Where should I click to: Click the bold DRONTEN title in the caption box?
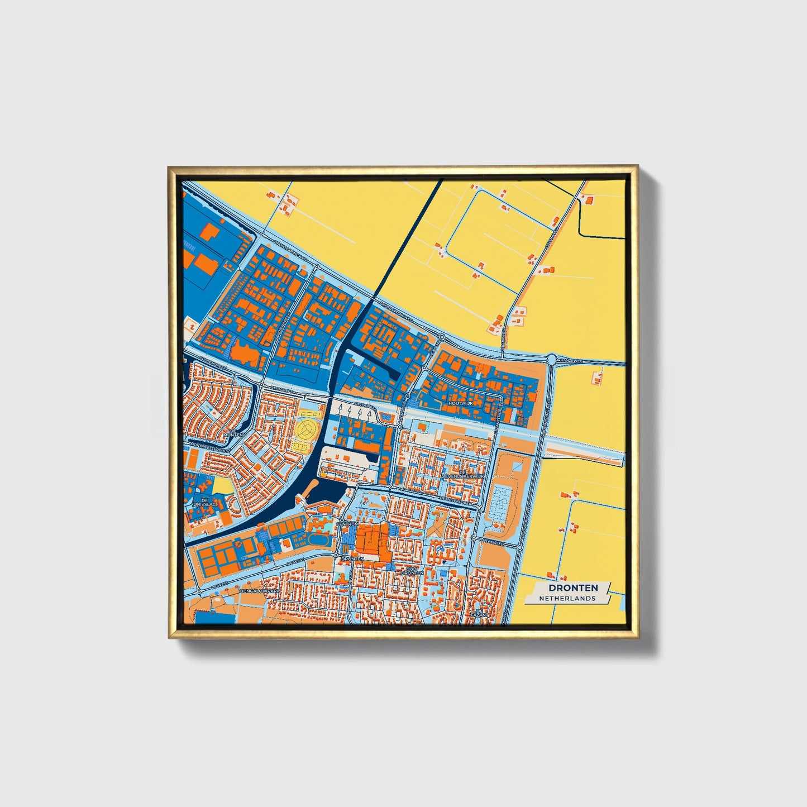(x=572, y=588)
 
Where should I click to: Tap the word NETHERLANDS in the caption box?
(x=567, y=598)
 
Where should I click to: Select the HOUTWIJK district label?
(x=460, y=403)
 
